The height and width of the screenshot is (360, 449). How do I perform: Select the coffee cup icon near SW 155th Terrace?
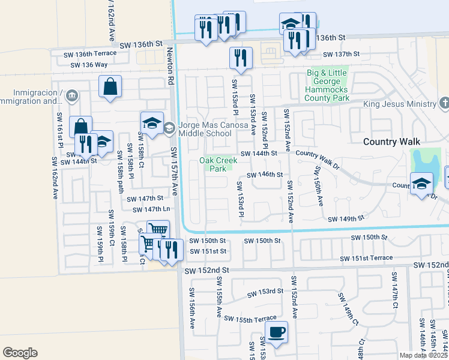pos(276,332)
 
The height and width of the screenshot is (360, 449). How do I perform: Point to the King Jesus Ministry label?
pos(399,104)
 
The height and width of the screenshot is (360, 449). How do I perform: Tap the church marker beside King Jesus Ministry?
pos(444,104)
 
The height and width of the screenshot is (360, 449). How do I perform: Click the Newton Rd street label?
pos(171,65)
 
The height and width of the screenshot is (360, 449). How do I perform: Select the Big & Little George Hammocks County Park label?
pos(327,85)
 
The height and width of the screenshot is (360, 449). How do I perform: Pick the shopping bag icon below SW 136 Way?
pos(111,86)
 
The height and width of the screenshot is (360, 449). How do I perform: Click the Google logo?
pos(20,353)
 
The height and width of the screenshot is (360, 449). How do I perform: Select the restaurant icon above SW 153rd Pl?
pos(240,58)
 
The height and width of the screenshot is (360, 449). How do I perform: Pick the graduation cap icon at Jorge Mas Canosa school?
pos(152,123)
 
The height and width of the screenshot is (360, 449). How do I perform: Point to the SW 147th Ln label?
pos(151,209)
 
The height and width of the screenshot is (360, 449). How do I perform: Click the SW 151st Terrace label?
pos(366,258)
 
